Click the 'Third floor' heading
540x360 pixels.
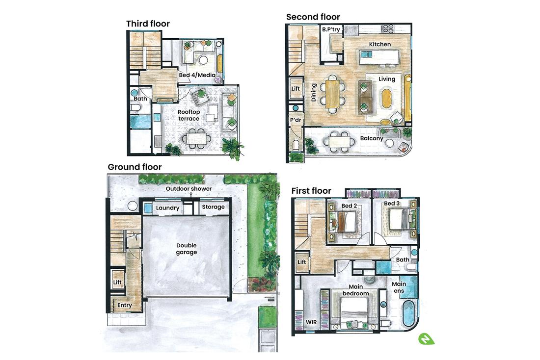pyautogui.click(x=148, y=24)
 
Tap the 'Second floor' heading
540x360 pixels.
pyautogui.click(x=313, y=17)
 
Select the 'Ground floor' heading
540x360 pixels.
pyautogui.click(x=135, y=167)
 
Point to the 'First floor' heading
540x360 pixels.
pyautogui.click(x=311, y=191)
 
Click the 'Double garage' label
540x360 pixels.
pyautogui.click(x=187, y=249)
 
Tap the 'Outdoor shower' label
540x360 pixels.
pyautogui.click(x=189, y=189)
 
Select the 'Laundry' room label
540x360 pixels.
pyautogui.click(x=167, y=208)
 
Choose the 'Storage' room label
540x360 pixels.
pyautogui.click(x=214, y=207)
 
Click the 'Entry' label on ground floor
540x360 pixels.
pyautogui.click(x=125, y=305)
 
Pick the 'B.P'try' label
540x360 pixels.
pyautogui.click(x=331, y=30)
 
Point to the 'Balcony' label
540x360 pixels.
pyautogui.click(x=372, y=138)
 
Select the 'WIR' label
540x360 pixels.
pyautogui.click(x=311, y=322)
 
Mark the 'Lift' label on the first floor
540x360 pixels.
pyautogui.click(x=302, y=262)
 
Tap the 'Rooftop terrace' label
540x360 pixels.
pyautogui.click(x=189, y=115)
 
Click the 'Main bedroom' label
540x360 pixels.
pyautogui.click(x=359, y=290)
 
